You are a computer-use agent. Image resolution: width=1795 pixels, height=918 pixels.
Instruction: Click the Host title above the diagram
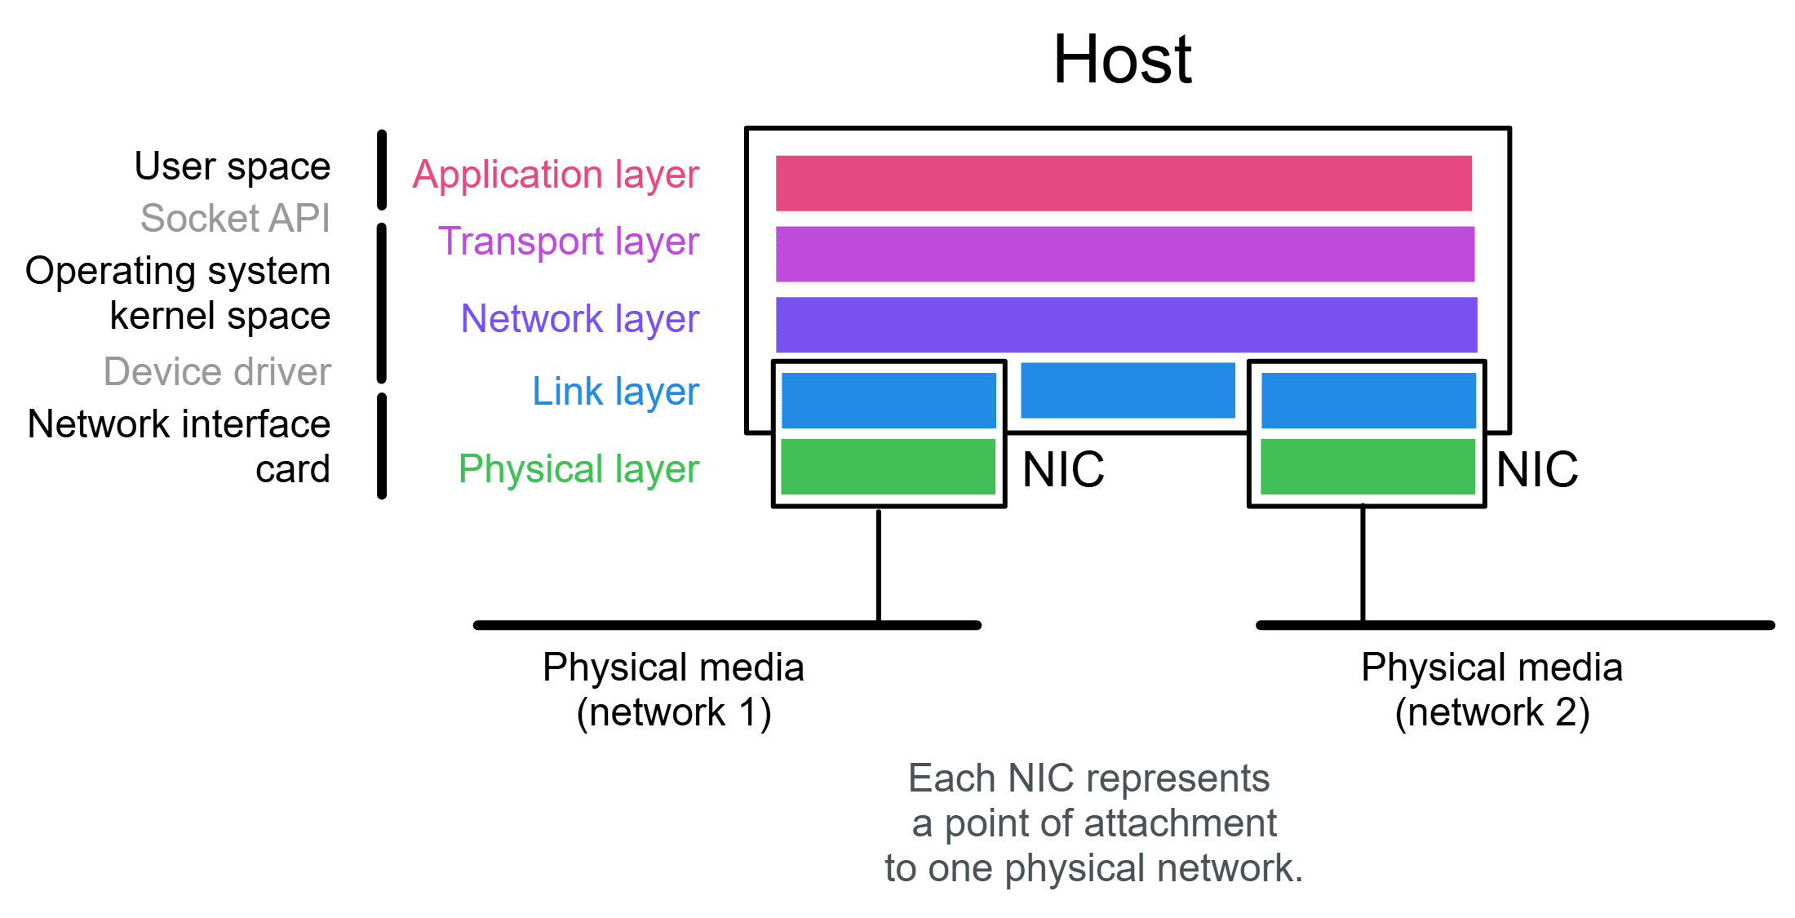point(1122,60)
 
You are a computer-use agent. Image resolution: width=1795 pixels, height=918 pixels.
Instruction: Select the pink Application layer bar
point(1124,183)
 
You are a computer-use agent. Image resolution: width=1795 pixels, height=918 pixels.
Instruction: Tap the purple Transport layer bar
point(1124,254)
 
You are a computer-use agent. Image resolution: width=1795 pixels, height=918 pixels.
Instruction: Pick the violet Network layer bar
point(1126,325)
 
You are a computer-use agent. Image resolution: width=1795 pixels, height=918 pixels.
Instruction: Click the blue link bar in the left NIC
point(889,400)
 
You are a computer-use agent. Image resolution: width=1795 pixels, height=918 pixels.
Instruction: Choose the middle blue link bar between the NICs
point(1128,390)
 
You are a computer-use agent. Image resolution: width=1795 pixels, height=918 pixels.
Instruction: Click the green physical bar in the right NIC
point(1367,467)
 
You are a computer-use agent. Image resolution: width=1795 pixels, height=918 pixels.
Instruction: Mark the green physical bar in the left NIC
point(888,467)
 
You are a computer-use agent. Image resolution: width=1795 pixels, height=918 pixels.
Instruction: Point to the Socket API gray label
point(235,218)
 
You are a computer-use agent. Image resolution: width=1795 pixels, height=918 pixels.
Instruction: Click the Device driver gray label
point(217,371)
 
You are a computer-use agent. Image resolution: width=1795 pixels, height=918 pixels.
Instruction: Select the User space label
point(233,166)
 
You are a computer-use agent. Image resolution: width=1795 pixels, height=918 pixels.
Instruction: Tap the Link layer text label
point(615,392)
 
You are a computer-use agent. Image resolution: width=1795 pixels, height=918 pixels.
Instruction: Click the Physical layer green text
point(578,469)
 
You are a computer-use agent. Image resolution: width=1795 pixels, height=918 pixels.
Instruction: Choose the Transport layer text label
point(569,242)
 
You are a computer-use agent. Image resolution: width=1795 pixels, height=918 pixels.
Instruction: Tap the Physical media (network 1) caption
point(673,690)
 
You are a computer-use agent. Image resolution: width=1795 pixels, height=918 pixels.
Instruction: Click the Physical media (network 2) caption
point(1491,690)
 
